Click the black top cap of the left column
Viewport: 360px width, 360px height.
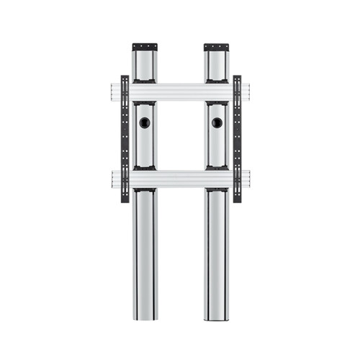tap(144, 48)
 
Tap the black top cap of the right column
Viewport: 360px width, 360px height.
tap(215, 48)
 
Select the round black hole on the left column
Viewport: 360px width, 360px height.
tap(144, 123)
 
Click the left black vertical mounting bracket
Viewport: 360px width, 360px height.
tap(125, 137)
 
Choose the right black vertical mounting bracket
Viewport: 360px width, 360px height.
tap(237, 137)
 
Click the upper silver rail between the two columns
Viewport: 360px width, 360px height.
tap(180, 91)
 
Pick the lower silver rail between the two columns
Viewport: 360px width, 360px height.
tap(180, 178)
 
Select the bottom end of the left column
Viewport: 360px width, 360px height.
tap(144, 317)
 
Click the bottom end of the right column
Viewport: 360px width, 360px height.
tap(215, 317)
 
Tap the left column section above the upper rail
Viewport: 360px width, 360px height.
tap(144, 66)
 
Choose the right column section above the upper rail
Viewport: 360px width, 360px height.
tap(215, 66)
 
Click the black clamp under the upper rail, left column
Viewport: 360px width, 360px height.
tap(144, 104)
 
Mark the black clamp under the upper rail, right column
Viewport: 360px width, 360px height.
tap(215, 104)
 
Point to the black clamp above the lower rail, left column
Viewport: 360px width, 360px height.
tap(144, 168)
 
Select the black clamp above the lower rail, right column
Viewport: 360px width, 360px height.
tap(215, 168)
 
